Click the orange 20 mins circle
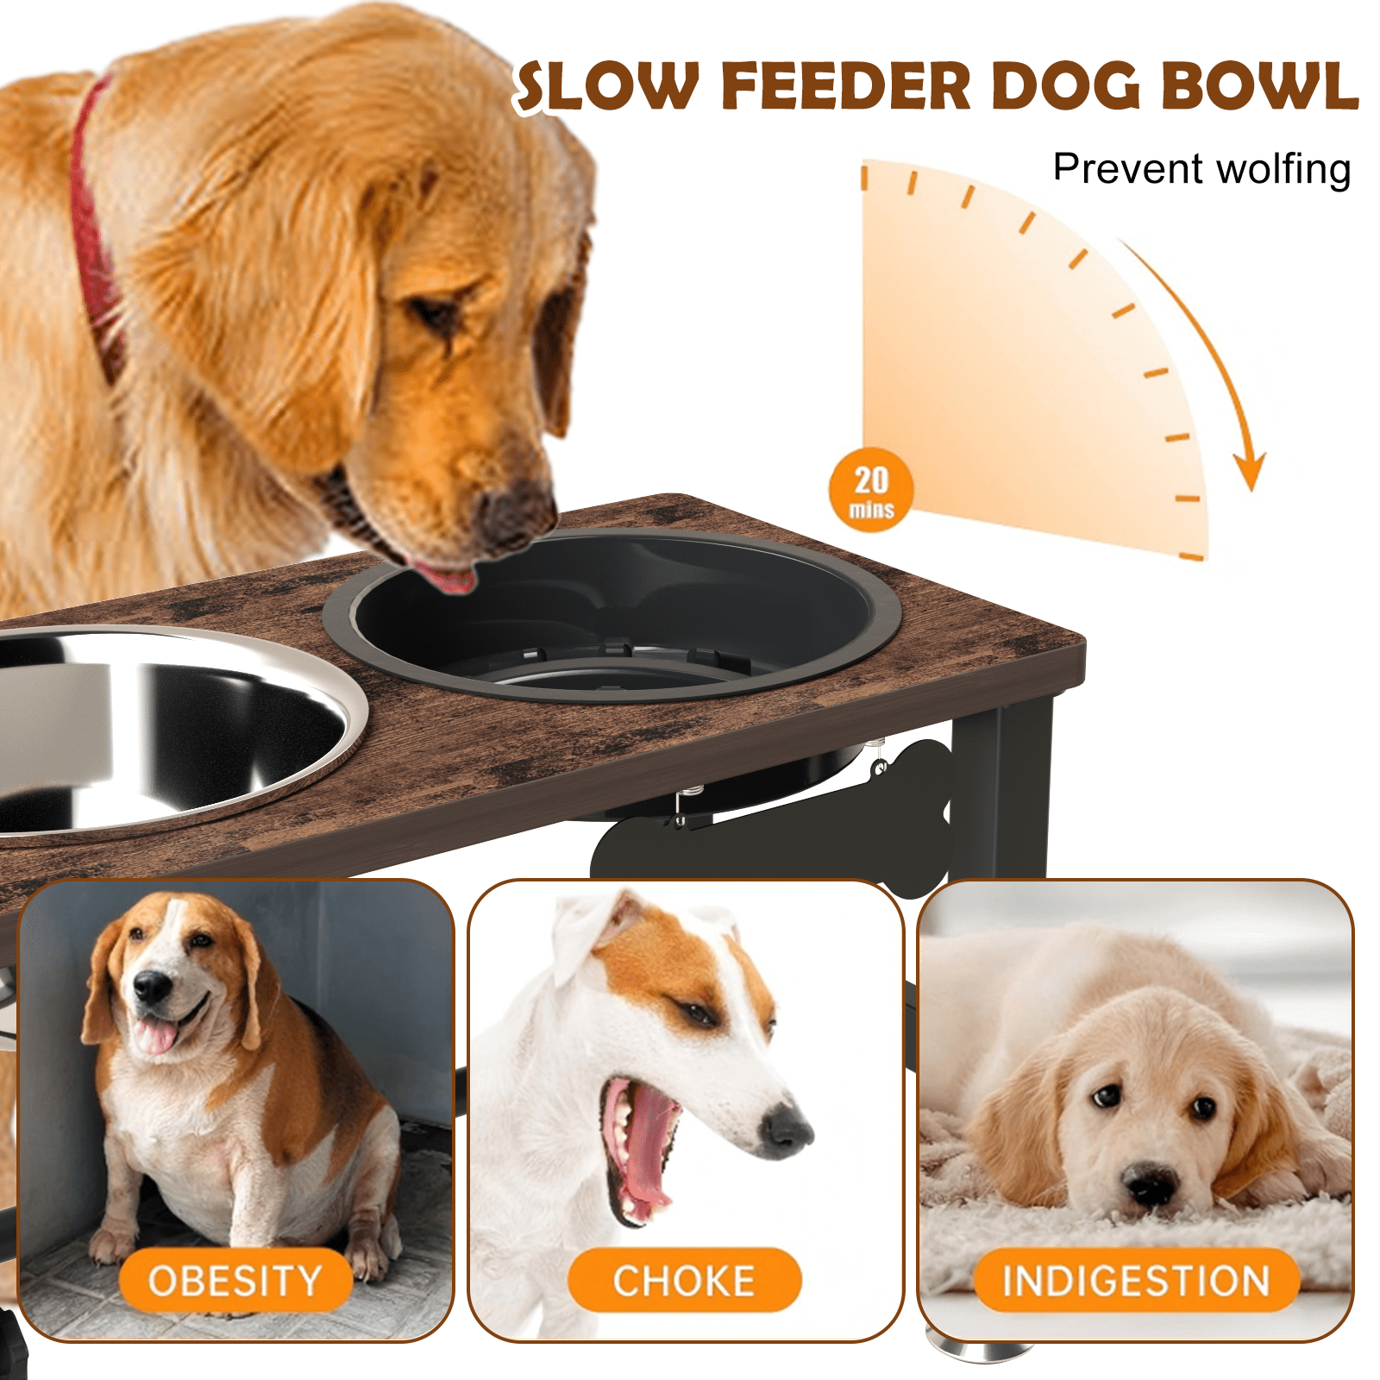pos(871,490)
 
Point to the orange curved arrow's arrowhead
pos(1249,469)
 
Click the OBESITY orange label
pos(235,1281)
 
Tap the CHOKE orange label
pos(684,1281)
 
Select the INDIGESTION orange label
pos(1137,1281)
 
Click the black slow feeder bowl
pos(612,617)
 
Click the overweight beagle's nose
pos(153,986)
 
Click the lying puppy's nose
pos(1151,1184)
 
